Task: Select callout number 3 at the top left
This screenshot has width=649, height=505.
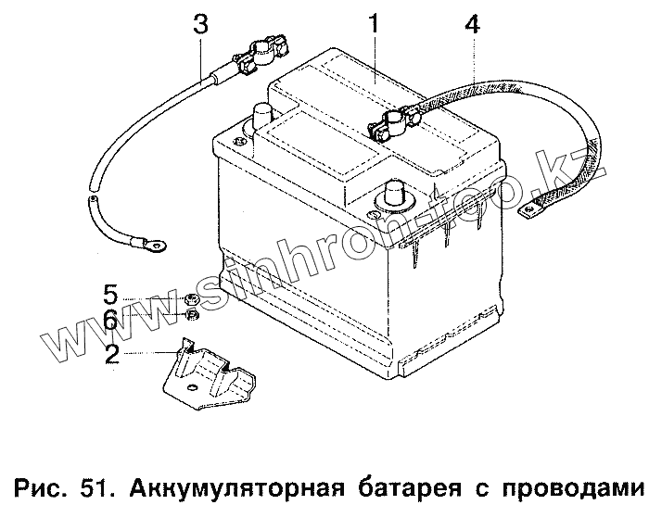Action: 200,25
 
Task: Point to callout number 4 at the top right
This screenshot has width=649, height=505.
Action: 472,26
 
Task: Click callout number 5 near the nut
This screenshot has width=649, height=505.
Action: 110,297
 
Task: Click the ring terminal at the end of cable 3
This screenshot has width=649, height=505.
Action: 153,246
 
